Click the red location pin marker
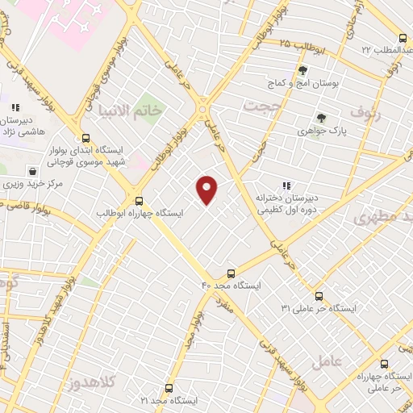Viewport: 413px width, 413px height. click(x=207, y=189)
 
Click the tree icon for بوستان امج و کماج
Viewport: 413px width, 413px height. click(x=302, y=70)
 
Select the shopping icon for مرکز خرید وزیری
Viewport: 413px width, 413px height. click(x=32, y=171)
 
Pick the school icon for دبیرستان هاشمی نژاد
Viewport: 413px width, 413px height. click(x=15, y=106)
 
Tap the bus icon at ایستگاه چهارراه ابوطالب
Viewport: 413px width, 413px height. click(x=140, y=201)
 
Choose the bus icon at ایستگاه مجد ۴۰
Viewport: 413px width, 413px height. click(x=232, y=273)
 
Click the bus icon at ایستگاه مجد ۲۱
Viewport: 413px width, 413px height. click(x=169, y=388)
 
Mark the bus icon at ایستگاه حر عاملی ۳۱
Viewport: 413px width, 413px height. click(x=319, y=296)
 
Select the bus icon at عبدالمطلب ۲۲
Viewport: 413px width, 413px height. click(x=403, y=38)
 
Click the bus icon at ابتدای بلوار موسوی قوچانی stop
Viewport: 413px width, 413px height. click(x=86, y=137)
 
